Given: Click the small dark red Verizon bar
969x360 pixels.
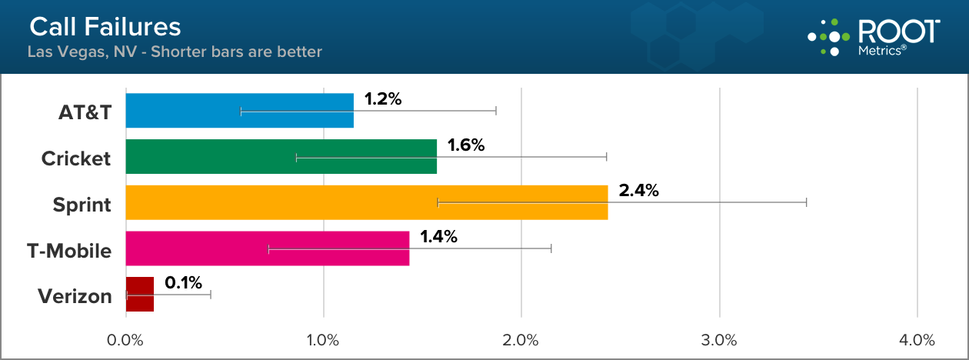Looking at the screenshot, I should click(x=139, y=295).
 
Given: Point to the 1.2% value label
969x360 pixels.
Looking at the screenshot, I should click(x=383, y=99).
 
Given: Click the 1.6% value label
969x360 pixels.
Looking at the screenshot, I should click(x=466, y=145).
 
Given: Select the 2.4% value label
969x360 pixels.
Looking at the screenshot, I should click(x=638, y=191).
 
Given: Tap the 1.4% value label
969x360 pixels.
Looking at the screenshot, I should click(x=438, y=237).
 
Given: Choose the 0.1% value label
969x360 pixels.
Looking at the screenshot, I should click(x=184, y=282).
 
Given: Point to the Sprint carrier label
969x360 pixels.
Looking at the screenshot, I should click(x=82, y=205).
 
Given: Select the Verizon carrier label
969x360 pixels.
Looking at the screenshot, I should click(x=74, y=296).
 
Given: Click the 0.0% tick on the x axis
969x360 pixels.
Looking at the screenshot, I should click(x=125, y=339).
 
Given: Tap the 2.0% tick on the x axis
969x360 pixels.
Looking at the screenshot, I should click(x=521, y=339).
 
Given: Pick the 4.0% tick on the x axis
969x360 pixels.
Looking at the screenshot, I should click(x=917, y=339).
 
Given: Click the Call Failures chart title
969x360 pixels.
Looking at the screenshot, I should click(x=105, y=28).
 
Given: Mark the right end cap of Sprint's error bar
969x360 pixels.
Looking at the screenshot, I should click(x=806, y=202).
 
